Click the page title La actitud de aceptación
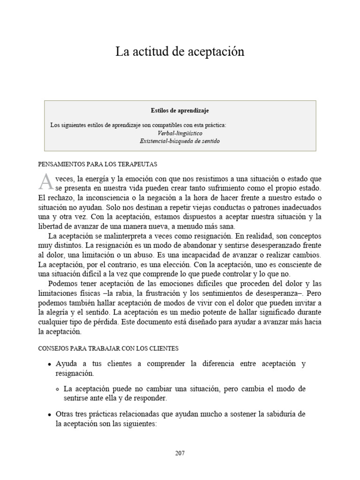[180, 52]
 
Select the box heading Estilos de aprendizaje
[180, 111]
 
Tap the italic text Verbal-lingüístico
[180, 133]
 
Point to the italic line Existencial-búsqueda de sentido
[180, 141]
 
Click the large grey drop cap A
[45, 180]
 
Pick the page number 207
[180, 453]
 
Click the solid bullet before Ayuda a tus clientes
[49, 364]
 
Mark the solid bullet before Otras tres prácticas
[49, 414]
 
